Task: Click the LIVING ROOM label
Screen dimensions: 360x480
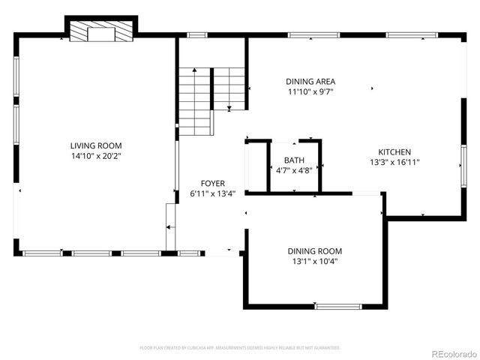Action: (96, 145)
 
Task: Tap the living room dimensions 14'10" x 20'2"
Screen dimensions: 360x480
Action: (96, 156)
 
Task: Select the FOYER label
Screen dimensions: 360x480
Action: (212, 183)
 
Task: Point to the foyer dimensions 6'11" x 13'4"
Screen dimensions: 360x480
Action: (212, 193)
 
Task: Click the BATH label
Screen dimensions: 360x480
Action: (294, 160)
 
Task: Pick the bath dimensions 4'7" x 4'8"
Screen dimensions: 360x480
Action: (294, 170)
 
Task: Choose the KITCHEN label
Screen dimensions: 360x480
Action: (394, 151)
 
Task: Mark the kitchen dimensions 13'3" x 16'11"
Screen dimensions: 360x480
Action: (394, 162)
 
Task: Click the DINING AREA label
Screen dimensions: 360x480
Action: (310, 82)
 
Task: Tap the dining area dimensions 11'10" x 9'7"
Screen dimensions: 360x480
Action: (310, 92)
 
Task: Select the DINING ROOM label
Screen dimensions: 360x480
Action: (315, 251)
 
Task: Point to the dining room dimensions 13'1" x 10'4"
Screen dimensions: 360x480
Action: (315, 262)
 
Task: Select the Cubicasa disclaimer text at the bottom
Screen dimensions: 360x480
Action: (240, 348)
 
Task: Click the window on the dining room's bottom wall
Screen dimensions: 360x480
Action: (338, 306)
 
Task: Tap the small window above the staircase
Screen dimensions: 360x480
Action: (197, 34)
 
